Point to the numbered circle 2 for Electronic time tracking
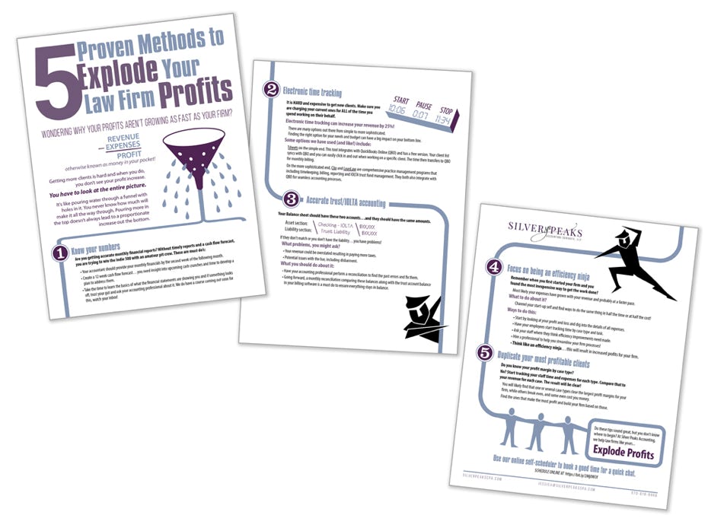pos(271,90)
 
